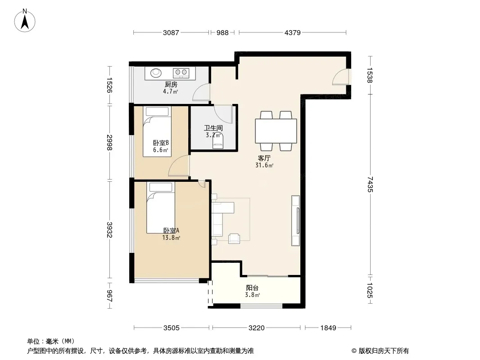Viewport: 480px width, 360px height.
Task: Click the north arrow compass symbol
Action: click(x=25, y=21)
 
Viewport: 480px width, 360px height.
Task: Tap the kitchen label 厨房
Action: click(x=171, y=85)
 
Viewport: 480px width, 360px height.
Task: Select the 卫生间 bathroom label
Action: click(x=213, y=128)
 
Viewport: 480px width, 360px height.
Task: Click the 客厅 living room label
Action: click(x=264, y=158)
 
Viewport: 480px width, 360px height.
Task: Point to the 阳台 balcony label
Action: click(x=252, y=288)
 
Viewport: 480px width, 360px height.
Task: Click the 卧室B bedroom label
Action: click(x=161, y=143)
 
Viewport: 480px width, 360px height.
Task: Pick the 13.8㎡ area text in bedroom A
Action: click(x=171, y=238)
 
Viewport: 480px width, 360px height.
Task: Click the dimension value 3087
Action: click(x=171, y=32)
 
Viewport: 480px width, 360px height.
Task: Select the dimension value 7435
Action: click(x=370, y=184)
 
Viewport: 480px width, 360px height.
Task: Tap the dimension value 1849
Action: click(x=328, y=328)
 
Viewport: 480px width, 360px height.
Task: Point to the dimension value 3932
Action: click(x=109, y=229)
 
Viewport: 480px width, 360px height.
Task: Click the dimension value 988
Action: click(x=222, y=32)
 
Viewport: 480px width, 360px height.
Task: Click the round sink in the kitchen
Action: click(x=156, y=73)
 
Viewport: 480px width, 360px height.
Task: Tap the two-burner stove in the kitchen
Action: click(x=181, y=73)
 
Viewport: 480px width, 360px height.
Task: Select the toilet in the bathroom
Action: click(x=217, y=142)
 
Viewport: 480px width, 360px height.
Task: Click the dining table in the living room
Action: click(x=276, y=131)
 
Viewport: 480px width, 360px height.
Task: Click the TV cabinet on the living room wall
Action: click(x=295, y=220)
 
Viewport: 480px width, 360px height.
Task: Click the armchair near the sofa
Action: click(x=234, y=238)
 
